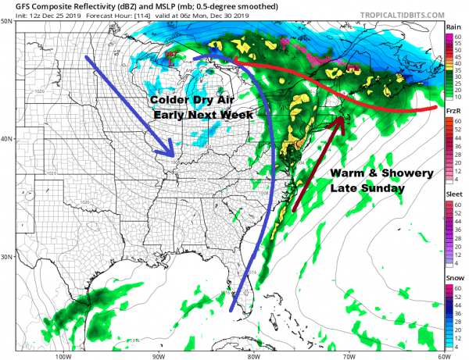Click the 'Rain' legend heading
coord(453,26)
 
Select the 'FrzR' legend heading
coord(453,112)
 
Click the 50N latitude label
coord(7,21)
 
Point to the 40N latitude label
coord(7,139)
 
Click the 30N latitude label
coord(7,257)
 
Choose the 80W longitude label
coord(252,355)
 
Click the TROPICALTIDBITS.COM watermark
coord(399,12)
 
